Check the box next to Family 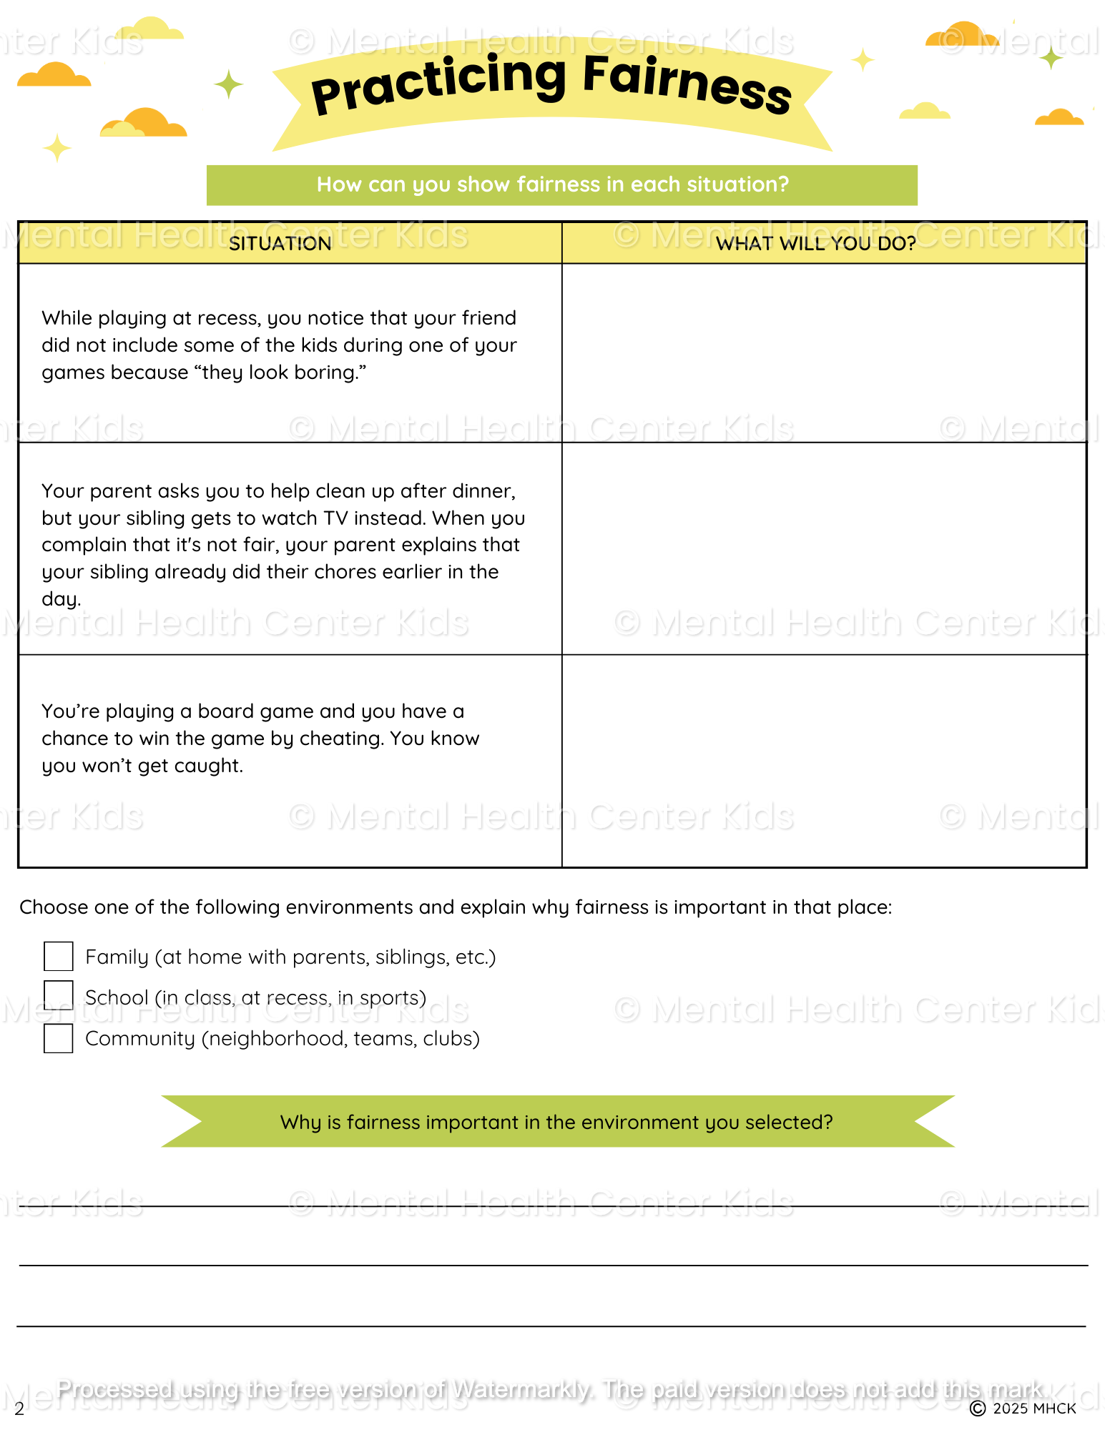point(58,956)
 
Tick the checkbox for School point(58,995)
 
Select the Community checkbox point(58,1038)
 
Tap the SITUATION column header point(280,244)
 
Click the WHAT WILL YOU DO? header point(815,244)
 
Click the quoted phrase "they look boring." point(278,373)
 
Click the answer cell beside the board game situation point(824,761)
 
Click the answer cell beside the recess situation point(824,353)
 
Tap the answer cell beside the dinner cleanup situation point(824,548)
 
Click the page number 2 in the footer point(19,1409)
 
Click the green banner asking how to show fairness point(561,185)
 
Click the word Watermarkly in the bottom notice point(522,1390)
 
